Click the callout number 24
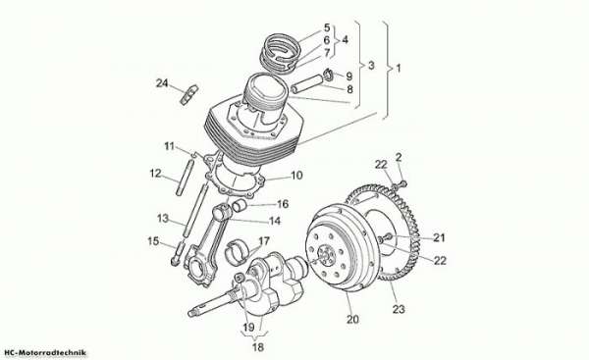pyautogui.click(x=162, y=83)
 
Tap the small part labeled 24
pyautogui.click(x=188, y=94)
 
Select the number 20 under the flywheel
pyautogui.click(x=352, y=320)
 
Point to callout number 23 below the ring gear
pyautogui.click(x=399, y=309)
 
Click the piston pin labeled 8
pyautogui.click(x=307, y=83)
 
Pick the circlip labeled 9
pyautogui.click(x=330, y=75)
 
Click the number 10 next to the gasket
pyautogui.click(x=296, y=176)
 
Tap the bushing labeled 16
pyautogui.click(x=239, y=206)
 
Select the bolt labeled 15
pyautogui.click(x=178, y=254)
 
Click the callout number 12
pyautogui.click(x=155, y=174)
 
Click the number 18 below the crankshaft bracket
pyautogui.click(x=258, y=347)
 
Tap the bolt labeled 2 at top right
pyautogui.click(x=402, y=183)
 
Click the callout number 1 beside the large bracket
pyautogui.click(x=399, y=69)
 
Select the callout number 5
pyautogui.click(x=327, y=27)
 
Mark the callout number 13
pyautogui.click(x=163, y=218)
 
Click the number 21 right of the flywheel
pyautogui.click(x=439, y=237)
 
